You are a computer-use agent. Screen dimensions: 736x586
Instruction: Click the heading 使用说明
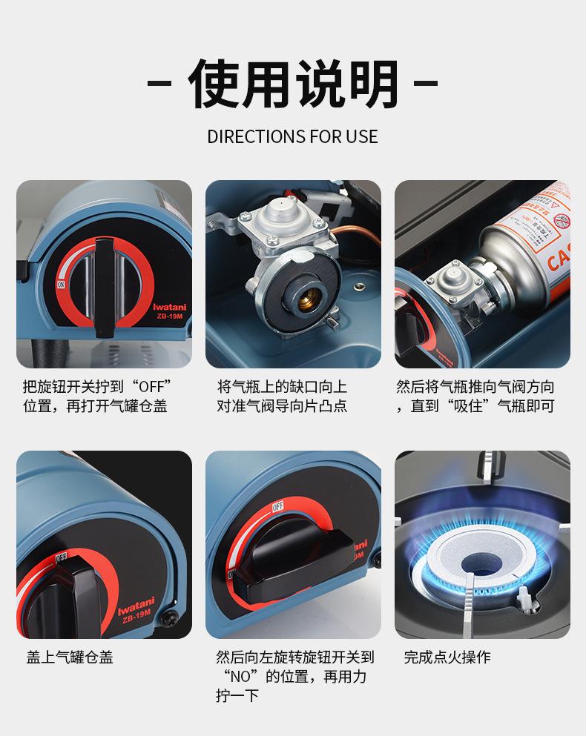pyautogui.click(x=293, y=83)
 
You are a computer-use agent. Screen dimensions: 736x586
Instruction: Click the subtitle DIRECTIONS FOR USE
pyautogui.click(x=292, y=137)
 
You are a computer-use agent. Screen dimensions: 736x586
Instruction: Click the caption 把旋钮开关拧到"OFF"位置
pyautogui.click(x=97, y=387)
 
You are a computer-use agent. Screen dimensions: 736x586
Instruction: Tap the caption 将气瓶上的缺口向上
pyautogui.click(x=282, y=387)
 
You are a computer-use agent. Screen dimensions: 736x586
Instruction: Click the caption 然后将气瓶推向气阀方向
pyautogui.click(x=475, y=387)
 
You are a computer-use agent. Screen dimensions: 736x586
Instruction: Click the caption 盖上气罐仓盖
pyautogui.click(x=70, y=657)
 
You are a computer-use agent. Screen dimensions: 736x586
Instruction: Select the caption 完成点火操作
pyautogui.click(x=447, y=657)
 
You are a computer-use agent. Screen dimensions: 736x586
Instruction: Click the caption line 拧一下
pyautogui.click(x=237, y=696)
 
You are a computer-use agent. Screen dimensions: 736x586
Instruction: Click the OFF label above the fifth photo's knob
pyautogui.click(x=278, y=507)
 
